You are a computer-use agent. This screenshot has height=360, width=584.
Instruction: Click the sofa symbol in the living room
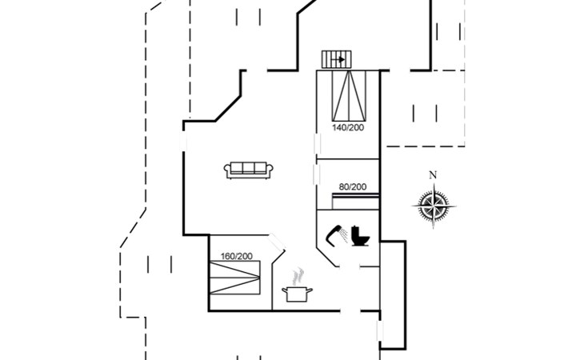(249, 169)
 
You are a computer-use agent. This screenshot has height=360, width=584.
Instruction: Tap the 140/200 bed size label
(349, 127)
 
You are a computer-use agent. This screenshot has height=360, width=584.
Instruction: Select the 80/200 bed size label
(352, 186)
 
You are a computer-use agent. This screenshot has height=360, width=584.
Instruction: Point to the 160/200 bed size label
(236, 256)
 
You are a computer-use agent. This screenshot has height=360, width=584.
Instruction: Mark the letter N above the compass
(433, 175)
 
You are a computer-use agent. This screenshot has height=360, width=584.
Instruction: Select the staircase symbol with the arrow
(336, 59)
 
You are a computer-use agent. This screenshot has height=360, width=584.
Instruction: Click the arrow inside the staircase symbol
(339, 59)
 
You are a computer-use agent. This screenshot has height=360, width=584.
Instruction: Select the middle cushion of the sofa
(249, 168)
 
